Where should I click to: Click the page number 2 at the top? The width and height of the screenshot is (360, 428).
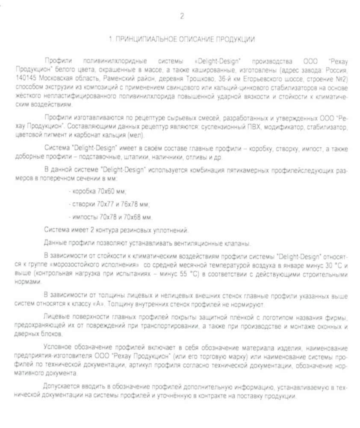[x=182, y=17]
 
